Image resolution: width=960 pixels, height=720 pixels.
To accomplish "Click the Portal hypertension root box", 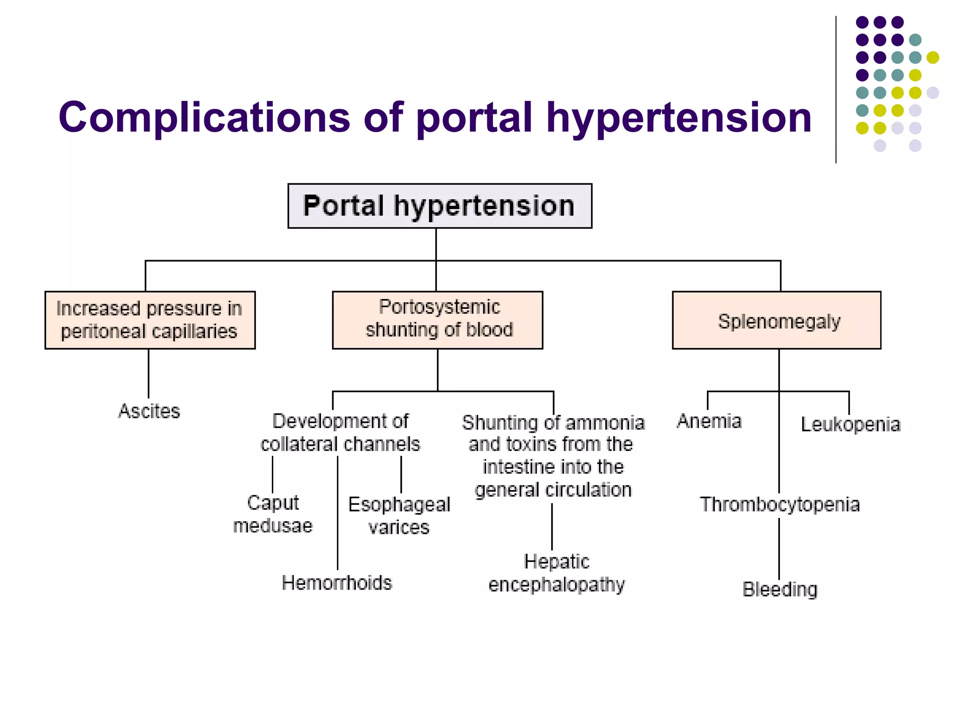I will click(x=440, y=206).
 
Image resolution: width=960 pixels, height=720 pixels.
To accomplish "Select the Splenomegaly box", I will click(x=776, y=321).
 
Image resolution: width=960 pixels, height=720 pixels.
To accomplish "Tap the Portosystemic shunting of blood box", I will click(x=437, y=320).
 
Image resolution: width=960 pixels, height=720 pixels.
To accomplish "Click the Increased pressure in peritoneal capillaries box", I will click(x=150, y=320).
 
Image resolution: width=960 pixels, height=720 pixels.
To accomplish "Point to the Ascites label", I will click(x=149, y=411).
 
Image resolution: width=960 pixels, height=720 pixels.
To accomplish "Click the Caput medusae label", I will click(x=273, y=514).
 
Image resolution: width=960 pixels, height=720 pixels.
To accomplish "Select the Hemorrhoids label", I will click(x=337, y=583).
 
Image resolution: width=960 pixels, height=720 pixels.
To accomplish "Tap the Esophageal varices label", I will click(x=399, y=516).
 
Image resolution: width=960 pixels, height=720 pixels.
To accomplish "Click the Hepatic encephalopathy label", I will click(x=556, y=573).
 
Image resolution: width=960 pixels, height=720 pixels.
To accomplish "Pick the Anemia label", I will click(x=709, y=421).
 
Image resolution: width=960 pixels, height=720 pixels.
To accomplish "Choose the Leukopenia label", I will click(x=850, y=424).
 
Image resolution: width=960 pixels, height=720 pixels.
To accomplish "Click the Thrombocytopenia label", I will click(x=780, y=504).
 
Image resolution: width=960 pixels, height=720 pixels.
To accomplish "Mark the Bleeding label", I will click(x=780, y=589).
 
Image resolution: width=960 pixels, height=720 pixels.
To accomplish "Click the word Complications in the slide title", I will click(x=204, y=117).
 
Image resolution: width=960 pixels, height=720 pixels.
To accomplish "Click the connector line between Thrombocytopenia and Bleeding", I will click(x=779, y=548).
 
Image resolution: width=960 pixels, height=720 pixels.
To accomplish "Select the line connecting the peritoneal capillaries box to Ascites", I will click(x=149, y=374).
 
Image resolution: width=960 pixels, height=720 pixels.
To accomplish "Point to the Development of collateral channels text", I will click(x=340, y=432).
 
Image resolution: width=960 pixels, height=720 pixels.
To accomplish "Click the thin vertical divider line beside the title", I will click(x=836, y=89).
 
